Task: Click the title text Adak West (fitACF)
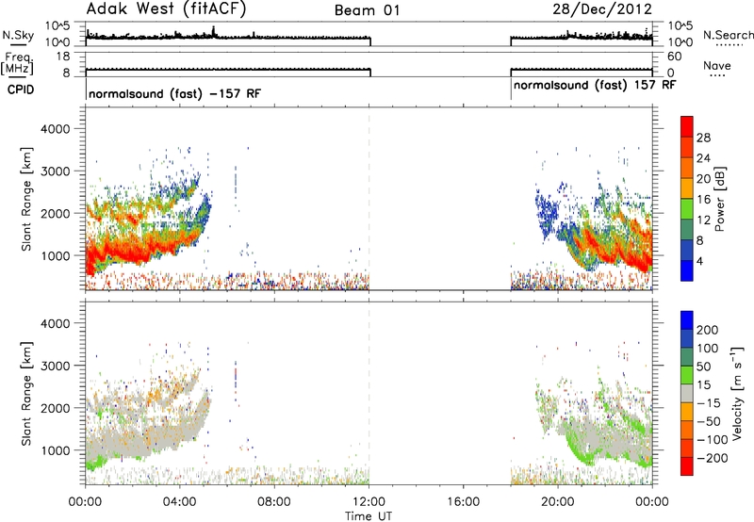(166, 9)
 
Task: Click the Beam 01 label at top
(367, 10)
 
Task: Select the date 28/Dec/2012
(602, 9)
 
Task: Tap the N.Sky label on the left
(18, 35)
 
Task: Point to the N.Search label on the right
(729, 35)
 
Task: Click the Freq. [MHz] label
(18, 63)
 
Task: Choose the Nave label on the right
(716, 66)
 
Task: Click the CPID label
(20, 90)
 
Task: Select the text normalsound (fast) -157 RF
(174, 93)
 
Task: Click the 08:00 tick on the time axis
(274, 502)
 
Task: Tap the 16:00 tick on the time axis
(463, 502)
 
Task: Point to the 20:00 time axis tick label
(558, 502)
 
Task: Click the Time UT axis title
(369, 516)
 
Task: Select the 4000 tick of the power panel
(56, 129)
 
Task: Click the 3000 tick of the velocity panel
(56, 366)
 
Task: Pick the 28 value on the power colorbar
(703, 138)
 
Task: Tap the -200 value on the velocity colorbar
(709, 458)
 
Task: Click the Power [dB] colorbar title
(719, 199)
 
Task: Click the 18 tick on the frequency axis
(63, 57)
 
